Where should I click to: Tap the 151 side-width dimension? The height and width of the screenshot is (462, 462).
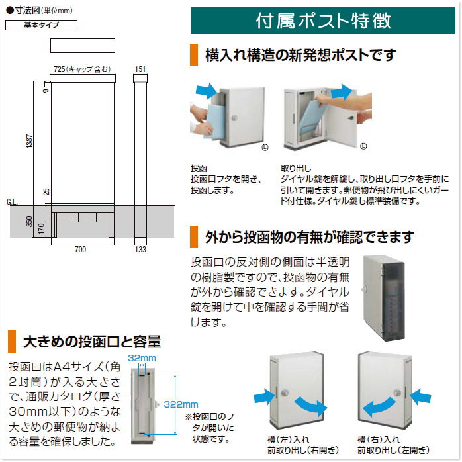[x=140, y=69]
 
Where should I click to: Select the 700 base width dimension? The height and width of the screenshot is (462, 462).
[x=81, y=250]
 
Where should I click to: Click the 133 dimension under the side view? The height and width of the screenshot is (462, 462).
[x=140, y=250]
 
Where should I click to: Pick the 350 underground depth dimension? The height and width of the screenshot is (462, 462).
[x=28, y=221]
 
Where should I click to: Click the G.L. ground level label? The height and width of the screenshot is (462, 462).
[x=12, y=201]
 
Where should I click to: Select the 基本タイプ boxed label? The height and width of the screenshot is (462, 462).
[x=41, y=26]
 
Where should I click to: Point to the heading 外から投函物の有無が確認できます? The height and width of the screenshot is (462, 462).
[x=310, y=236]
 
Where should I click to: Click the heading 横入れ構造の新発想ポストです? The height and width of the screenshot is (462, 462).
[x=300, y=54]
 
